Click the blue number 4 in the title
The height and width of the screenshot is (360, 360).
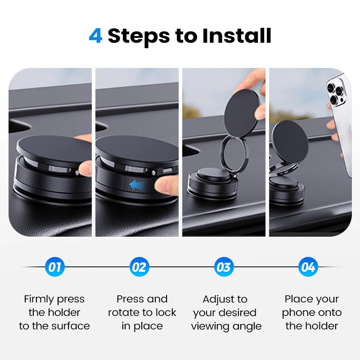point(96,36)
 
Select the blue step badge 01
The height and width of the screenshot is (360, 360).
point(55,267)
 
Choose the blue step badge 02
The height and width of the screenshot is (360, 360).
point(139,267)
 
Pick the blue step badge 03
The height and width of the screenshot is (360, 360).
point(224,267)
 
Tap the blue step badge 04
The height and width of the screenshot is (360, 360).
point(308,267)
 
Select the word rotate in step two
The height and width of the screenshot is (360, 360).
point(125,313)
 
